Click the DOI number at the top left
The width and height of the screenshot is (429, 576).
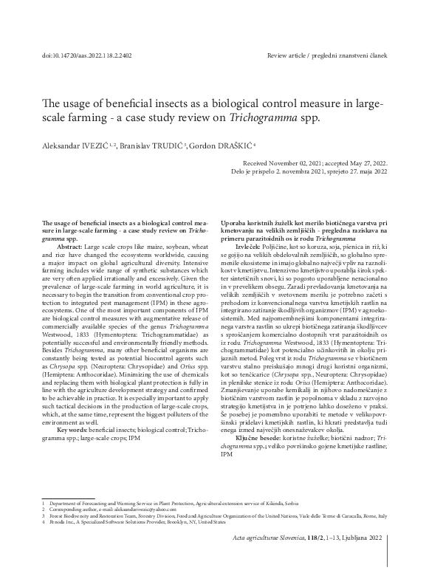tap(84, 55)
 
